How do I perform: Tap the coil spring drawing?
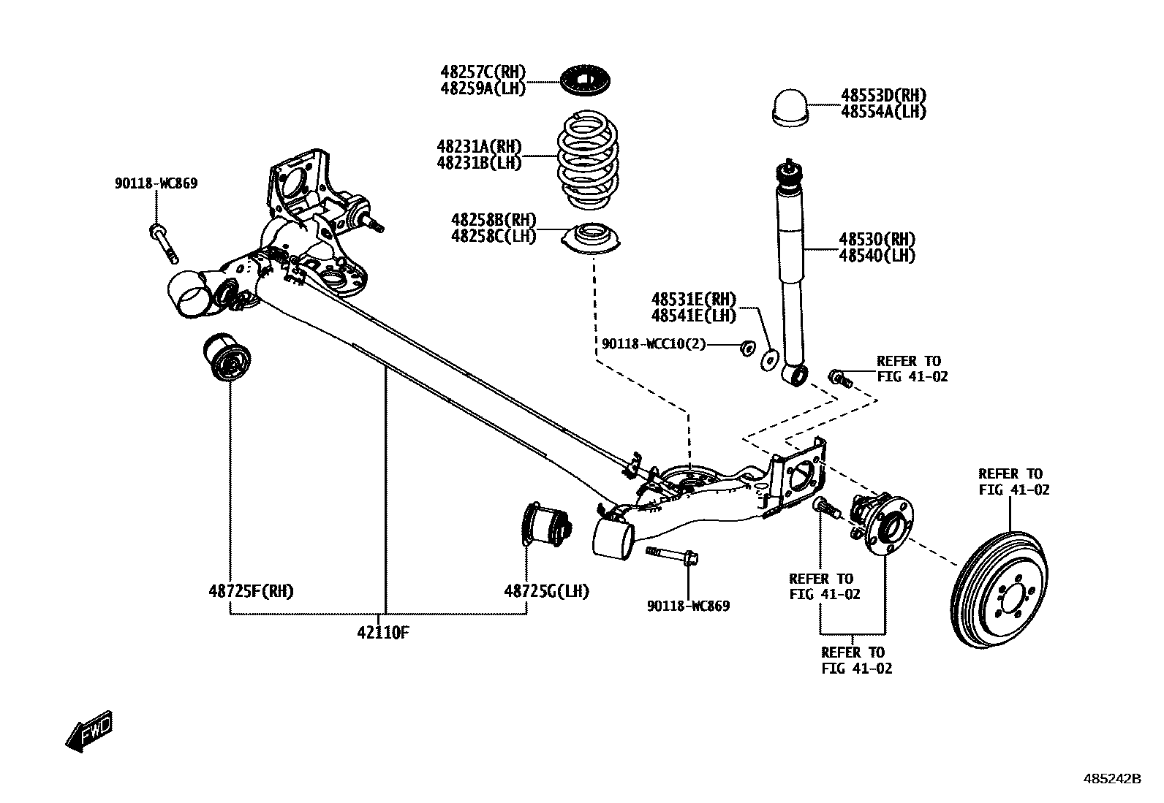587,159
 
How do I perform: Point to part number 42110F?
382,632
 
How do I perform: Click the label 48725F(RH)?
251,591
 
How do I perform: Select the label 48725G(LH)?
546,591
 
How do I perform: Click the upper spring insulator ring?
586,80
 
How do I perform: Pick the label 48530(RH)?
877,239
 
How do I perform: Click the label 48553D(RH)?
883,96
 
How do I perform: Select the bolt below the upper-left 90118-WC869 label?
164,243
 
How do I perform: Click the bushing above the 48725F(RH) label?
226,357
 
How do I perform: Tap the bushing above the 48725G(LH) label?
548,525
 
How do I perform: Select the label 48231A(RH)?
479,147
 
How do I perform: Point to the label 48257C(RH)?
483,72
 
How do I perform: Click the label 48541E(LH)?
693,316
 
